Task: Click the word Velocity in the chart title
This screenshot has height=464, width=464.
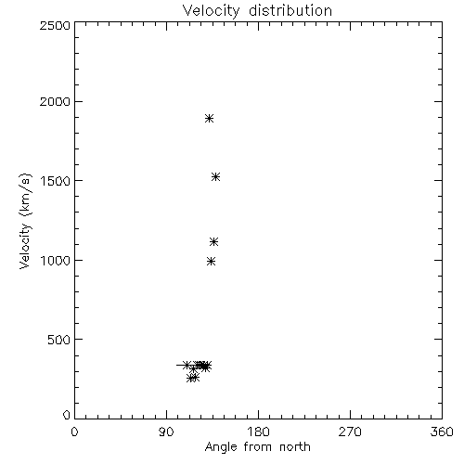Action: [x=211, y=11]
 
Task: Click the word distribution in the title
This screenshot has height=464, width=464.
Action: [x=290, y=10]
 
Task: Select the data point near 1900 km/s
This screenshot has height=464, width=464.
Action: [x=210, y=118]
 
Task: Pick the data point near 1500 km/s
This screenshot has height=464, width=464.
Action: [x=215, y=177]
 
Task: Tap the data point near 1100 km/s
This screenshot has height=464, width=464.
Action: [x=213, y=241]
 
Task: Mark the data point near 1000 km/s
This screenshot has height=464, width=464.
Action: [x=211, y=262]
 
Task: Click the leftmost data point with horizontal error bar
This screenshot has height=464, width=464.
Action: [x=187, y=365]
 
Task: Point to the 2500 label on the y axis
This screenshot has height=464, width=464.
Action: [x=55, y=25]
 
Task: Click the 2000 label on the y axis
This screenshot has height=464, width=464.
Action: [x=55, y=101]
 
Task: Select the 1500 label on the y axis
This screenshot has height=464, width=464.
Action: [x=56, y=181]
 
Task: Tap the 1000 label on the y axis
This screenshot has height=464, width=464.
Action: [x=56, y=260]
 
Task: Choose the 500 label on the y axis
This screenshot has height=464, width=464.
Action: [x=59, y=340]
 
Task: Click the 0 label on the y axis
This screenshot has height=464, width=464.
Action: [x=67, y=415]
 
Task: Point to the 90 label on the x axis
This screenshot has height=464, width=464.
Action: [x=166, y=432]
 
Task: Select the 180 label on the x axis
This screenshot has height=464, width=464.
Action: [x=258, y=432]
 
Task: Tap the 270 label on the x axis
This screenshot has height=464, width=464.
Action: [x=350, y=432]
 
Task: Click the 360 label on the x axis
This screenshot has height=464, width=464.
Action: [x=442, y=432]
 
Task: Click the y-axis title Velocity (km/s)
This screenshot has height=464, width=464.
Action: [x=25, y=221]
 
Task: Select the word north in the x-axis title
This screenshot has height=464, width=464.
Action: [x=295, y=447]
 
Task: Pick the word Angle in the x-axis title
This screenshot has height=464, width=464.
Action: [x=221, y=447]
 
